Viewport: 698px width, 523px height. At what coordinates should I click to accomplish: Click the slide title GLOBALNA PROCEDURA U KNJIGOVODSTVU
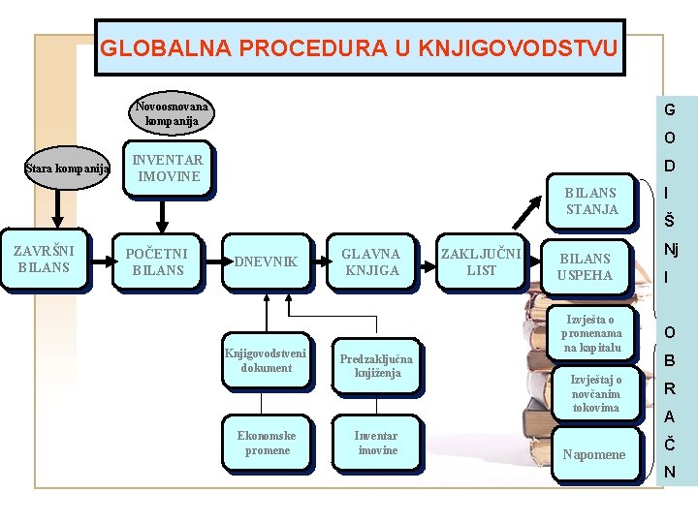coord(360,46)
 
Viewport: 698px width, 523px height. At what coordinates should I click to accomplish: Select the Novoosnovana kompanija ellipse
coord(172,113)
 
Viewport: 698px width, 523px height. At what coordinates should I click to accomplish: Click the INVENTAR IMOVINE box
coord(168,169)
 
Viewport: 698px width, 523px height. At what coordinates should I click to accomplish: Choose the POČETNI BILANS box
coord(156,261)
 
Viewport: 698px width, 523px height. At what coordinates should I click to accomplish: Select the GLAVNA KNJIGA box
coord(372,261)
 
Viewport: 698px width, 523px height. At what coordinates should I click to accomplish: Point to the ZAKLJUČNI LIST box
coord(481,261)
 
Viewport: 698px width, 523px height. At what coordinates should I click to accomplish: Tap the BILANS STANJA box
coord(590,200)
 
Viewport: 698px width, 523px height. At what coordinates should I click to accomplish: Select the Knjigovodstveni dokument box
coord(267,360)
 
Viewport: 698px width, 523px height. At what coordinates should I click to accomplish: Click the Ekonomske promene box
coord(267,443)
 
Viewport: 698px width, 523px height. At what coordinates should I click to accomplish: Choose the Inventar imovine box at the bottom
coord(375,443)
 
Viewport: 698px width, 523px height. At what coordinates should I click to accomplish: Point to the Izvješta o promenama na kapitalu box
coord(590,333)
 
